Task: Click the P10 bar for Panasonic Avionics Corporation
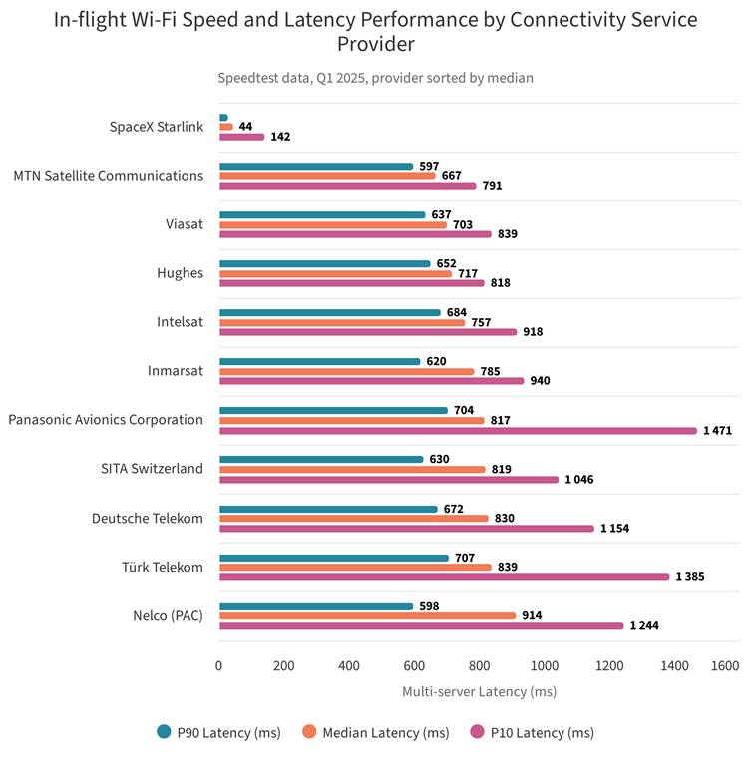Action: tap(458, 431)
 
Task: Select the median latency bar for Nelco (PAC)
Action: tap(367, 616)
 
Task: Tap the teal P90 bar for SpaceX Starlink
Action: tap(223, 118)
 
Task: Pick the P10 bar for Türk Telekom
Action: tap(445, 577)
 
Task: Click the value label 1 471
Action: tap(717, 430)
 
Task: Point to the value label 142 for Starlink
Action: tap(280, 137)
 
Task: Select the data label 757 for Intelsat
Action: tap(481, 322)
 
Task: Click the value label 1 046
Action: tap(579, 480)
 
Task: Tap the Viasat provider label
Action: tap(184, 224)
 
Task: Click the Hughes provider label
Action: tap(180, 273)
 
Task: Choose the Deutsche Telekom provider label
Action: tap(147, 518)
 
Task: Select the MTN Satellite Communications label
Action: tap(108, 176)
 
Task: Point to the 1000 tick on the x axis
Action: tap(545, 665)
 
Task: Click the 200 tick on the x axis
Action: tap(284, 665)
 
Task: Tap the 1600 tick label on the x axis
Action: tap(725, 665)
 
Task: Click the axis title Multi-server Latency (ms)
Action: tap(480, 691)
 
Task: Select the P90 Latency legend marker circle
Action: tap(164, 731)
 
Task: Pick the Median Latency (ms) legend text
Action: tap(385, 733)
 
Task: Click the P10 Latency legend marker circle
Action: tap(478, 731)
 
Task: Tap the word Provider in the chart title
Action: tap(376, 44)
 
